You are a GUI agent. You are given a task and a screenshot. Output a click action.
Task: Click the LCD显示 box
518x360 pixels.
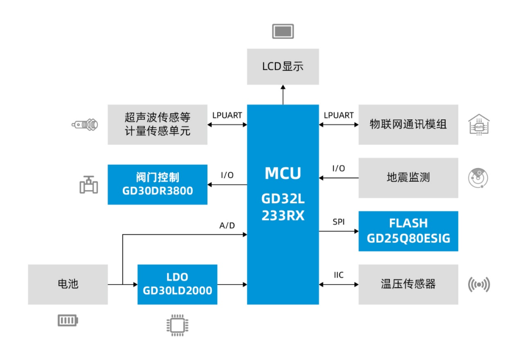click(x=283, y=67)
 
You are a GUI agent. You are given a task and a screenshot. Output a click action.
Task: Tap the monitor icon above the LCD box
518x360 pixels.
click(x=283, y=31)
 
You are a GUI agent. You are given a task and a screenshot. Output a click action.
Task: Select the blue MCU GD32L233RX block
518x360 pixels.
click(x=283, y=204)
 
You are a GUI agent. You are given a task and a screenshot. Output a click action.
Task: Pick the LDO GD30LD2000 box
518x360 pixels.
click(x=177, y=284)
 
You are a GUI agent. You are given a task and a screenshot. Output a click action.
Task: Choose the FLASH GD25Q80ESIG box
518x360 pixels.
click(x=408, y=231)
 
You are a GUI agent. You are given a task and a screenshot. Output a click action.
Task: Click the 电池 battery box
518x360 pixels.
click(x=68, y=284)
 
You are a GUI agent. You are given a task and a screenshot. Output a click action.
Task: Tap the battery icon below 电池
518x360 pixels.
click(x=68, y=320)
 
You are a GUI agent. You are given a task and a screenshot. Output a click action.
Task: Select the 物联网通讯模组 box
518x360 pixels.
click(x=408, y=125)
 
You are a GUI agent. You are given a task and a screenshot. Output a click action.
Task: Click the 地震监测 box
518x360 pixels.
click(x=408, y=178)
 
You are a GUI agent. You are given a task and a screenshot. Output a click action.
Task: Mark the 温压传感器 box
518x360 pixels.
click(x=408, y=284)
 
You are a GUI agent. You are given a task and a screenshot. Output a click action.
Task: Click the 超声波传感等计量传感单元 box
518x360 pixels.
click(x=157, y=125)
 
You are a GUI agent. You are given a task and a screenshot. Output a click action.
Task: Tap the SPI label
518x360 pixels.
click(x=339, y=222)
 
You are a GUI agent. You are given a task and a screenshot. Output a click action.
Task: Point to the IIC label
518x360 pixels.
click(x=339, y=275)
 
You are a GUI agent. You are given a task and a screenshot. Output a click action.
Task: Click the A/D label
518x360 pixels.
click(x=227, y=225)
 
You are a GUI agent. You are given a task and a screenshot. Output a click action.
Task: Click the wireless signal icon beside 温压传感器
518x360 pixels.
click(x=479, y=285)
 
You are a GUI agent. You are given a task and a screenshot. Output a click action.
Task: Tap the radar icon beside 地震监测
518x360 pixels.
click(x=478, y=178)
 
